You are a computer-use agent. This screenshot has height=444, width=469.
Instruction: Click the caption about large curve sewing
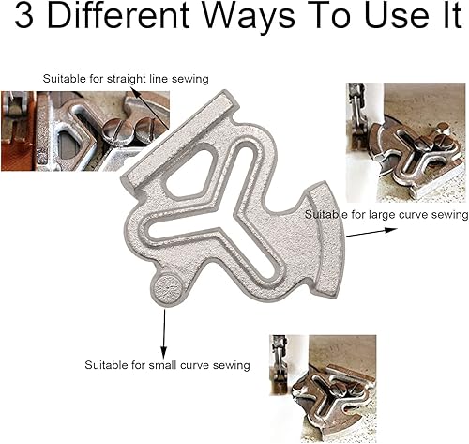(x=386, y=215)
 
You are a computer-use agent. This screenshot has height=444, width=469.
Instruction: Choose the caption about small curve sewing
(x=167, y=364)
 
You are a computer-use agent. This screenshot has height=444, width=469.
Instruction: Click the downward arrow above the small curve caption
(x=165, y=328)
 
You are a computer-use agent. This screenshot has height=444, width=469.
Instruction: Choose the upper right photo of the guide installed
(x=405, y=142)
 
